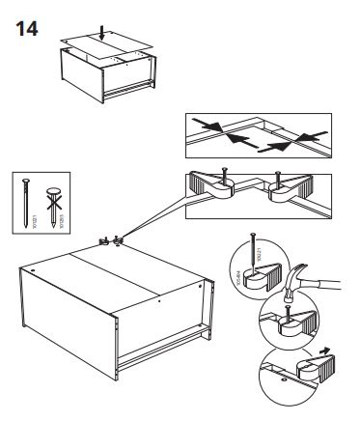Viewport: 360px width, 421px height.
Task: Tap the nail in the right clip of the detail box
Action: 278,178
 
